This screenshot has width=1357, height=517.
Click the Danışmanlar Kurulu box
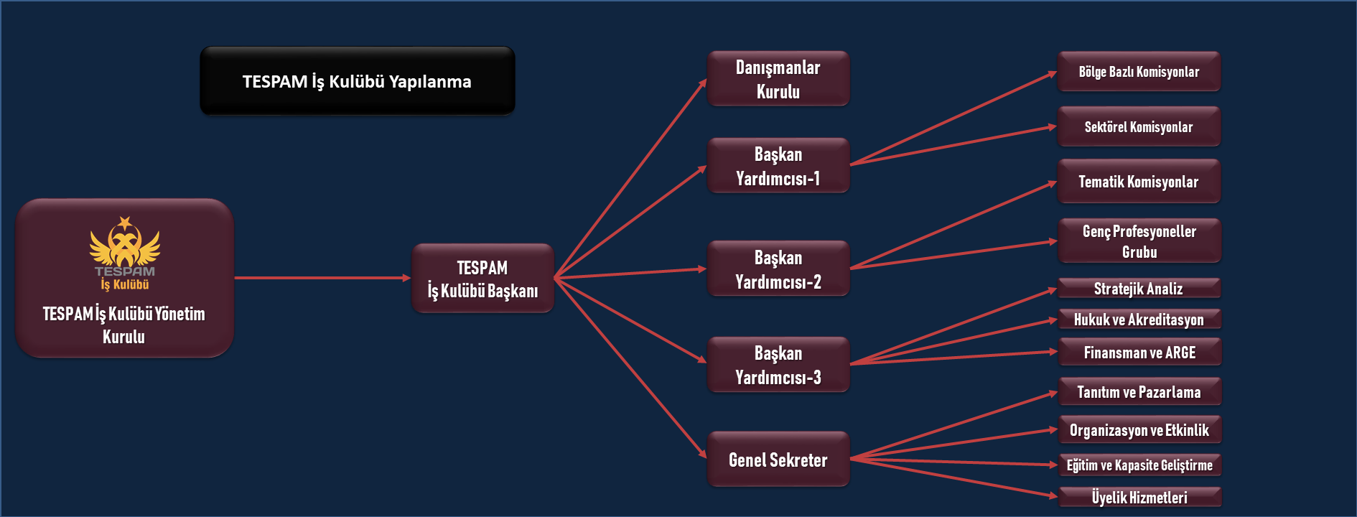(778, 79)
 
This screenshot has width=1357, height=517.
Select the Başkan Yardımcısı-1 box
(778, 166)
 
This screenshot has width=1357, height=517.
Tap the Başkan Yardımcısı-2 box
(778, 269)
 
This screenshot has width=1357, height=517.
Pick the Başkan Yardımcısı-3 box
(778, 365)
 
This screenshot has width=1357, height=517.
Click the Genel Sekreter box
(778, 460)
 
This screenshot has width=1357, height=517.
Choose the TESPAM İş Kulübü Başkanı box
(482, 279)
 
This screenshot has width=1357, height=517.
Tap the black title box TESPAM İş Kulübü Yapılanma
(357, 81)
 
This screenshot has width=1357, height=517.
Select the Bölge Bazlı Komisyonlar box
(1139, 72)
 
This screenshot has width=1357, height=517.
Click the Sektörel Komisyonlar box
(1139, 127)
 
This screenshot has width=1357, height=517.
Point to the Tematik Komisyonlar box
(1139, 182)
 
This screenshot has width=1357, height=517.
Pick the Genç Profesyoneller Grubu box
(1139, 241)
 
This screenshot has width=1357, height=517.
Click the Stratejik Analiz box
(1139, 289)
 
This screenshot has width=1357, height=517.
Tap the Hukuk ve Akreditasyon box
(1139, 320)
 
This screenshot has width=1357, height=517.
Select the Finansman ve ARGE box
(1139, 353)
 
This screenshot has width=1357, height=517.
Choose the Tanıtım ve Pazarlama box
(1139, 392)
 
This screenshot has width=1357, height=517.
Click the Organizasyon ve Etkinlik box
(1139, 430)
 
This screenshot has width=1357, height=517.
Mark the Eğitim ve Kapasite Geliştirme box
(1139, 465)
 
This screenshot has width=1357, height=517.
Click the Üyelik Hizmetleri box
(1139, 497)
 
